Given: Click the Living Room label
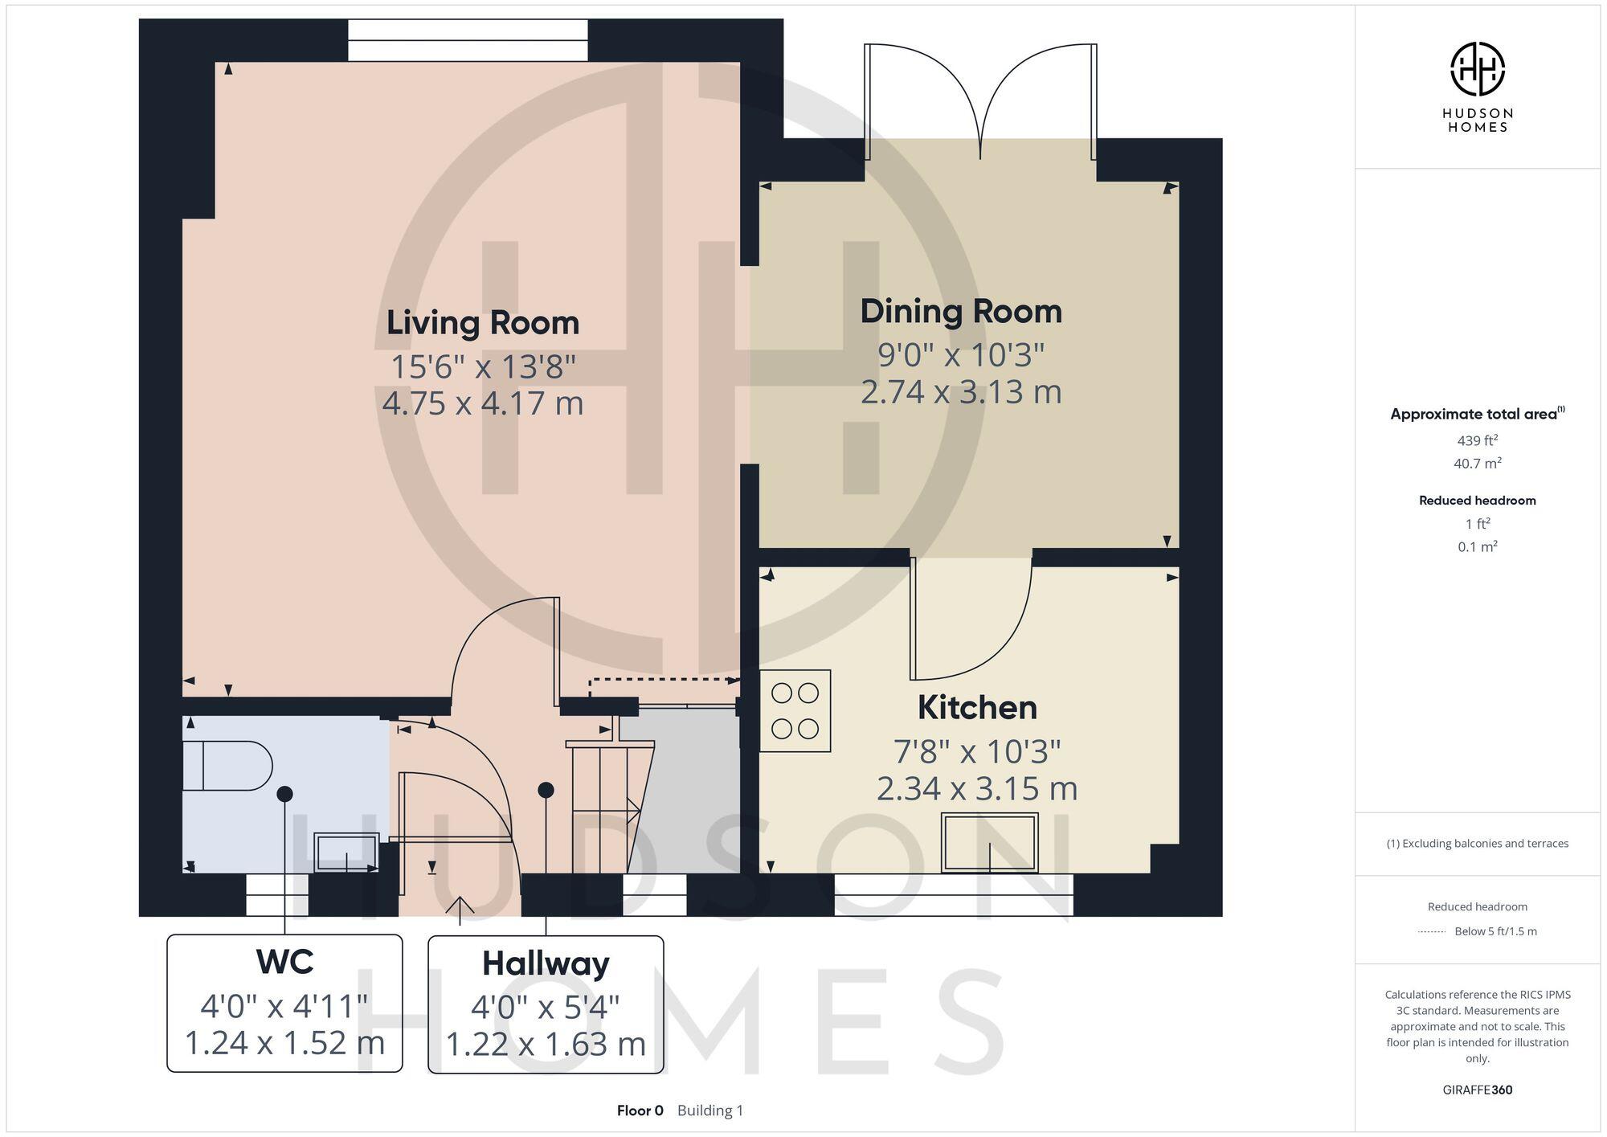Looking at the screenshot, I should coord(482,323).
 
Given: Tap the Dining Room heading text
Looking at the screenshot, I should coord(961,312).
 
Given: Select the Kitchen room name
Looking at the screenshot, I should coord(977,708).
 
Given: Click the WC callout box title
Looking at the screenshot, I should coord(284,962).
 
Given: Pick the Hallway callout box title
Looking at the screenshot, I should coord(546,963).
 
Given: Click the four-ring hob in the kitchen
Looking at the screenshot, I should coord(795,711).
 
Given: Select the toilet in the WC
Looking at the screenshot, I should coord(227,766).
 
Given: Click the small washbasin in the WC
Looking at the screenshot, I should coord(346,852).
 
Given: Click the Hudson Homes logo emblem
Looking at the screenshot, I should coord(1477,69).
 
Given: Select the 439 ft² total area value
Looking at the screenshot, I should coord(1477,440).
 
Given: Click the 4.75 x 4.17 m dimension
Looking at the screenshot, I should coord(482,403).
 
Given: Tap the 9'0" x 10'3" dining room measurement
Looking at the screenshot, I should coord(961,354).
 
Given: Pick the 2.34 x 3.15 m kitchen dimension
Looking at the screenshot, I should coord(977,789).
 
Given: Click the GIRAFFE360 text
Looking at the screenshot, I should coord(1477,1090).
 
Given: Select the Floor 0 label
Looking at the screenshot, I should coord(640,1110).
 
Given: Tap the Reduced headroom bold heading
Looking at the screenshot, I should coord(1477,501).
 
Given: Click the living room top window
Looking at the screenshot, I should coord(468,40).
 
